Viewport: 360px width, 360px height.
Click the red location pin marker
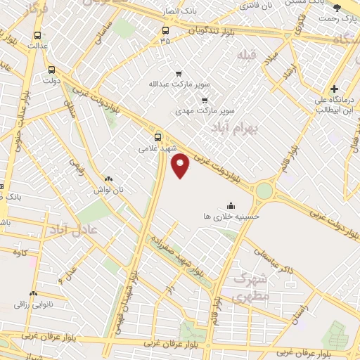coord(181,165)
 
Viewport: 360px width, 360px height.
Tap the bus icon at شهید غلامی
coord(157,137)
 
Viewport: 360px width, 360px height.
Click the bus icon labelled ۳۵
coord(165,30)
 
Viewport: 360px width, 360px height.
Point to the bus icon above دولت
coord(51,70)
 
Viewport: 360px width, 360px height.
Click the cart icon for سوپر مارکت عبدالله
coord(179,73)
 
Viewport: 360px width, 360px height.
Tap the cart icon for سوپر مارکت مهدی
coord(204,100)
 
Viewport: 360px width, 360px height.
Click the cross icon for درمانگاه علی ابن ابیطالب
coord(335,89)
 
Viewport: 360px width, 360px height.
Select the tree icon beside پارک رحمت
coord(336,8)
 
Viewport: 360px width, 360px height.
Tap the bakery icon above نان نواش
coord(108,179)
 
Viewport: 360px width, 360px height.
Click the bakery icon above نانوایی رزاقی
coord(33,293)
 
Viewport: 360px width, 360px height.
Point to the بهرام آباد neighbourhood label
coord(235,127)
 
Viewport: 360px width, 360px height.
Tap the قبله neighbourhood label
coord(248,54)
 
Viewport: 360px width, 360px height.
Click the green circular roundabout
coord(264,191)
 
